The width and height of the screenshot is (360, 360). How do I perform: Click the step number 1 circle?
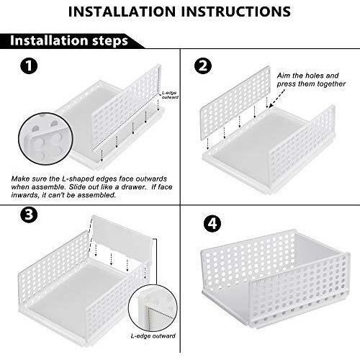29,66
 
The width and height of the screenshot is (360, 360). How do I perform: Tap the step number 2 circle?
203,66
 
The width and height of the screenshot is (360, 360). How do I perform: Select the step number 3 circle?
29,215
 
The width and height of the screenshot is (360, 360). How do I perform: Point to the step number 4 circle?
212,224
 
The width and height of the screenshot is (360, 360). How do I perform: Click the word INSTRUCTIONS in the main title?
236,12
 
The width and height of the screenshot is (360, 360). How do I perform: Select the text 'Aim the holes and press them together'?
311,80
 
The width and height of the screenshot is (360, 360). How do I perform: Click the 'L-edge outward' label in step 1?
170,95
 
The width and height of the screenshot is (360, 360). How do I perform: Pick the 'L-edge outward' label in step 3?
153,336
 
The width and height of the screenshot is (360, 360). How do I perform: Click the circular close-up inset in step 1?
45,139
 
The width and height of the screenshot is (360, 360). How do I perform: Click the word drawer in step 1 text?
133,187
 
